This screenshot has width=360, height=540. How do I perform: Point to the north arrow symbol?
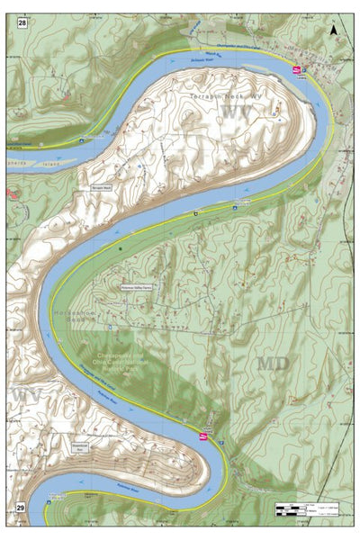[334, 30]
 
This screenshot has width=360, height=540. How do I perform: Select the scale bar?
[306, 509]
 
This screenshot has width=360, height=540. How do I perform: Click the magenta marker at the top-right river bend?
[296, 68]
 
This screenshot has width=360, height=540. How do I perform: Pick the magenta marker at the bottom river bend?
[203, 436]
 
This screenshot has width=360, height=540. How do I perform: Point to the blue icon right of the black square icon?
[234, 206]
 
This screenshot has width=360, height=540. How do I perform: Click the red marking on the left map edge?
[9, 193]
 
